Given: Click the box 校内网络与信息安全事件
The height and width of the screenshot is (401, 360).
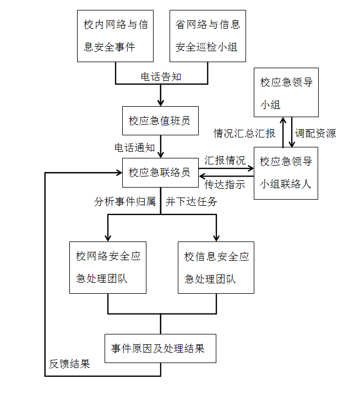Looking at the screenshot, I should point(116,35).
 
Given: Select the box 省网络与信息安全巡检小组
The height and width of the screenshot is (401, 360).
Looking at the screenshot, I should point(208,35).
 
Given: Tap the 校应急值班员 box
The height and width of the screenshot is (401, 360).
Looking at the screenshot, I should point(160,120).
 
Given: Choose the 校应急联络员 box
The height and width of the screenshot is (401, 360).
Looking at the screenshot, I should point(160,172).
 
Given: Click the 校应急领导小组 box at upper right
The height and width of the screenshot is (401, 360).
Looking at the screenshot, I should point(286,92).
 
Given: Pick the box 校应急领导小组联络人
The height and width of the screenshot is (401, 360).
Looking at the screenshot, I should point(286,173).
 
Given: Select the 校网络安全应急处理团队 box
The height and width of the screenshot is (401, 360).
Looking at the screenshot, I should point(108,267).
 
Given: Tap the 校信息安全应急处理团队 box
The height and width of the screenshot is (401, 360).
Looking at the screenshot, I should point(216,267).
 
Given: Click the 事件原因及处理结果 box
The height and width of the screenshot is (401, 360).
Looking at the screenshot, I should point(160,348).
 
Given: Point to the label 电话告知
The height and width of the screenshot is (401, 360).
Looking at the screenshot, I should point(161,77).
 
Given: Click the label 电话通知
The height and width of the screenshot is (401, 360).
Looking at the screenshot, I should point(134,148).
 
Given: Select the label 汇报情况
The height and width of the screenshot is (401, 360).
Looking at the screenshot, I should point(225,161).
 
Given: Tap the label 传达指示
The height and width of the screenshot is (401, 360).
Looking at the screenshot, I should point(225,185).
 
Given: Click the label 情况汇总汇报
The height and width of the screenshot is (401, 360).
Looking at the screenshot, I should point(244,133).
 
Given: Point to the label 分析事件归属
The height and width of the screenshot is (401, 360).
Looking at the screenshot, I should point(124,201).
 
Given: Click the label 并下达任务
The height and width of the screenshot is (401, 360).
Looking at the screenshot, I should point(192,201).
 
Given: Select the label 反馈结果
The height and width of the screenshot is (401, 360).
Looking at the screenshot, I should point(69,364).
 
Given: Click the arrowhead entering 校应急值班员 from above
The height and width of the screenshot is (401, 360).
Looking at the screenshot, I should point(161,103).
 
